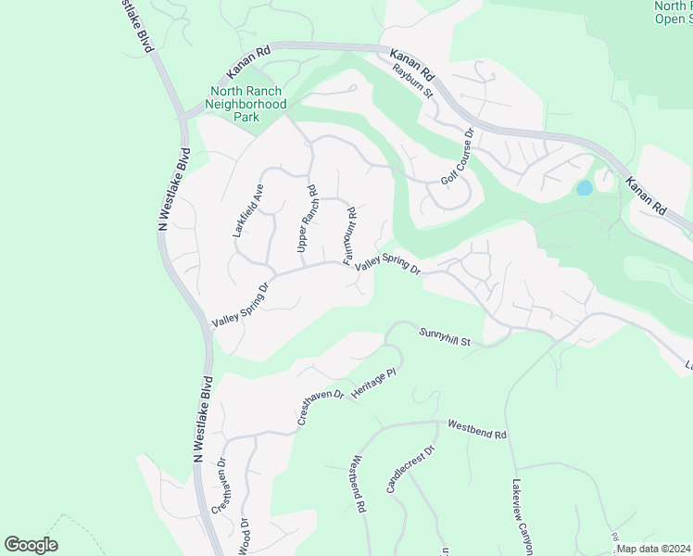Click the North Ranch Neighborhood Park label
click(248, 105)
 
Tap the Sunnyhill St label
click(445, 336)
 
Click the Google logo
click(31, 545)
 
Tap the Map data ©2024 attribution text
click(653, 549)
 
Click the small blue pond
click(585, 188)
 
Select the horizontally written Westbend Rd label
click(476, 429)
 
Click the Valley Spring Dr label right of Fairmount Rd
click(388, 267)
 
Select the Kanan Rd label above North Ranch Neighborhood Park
click(248, 64)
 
